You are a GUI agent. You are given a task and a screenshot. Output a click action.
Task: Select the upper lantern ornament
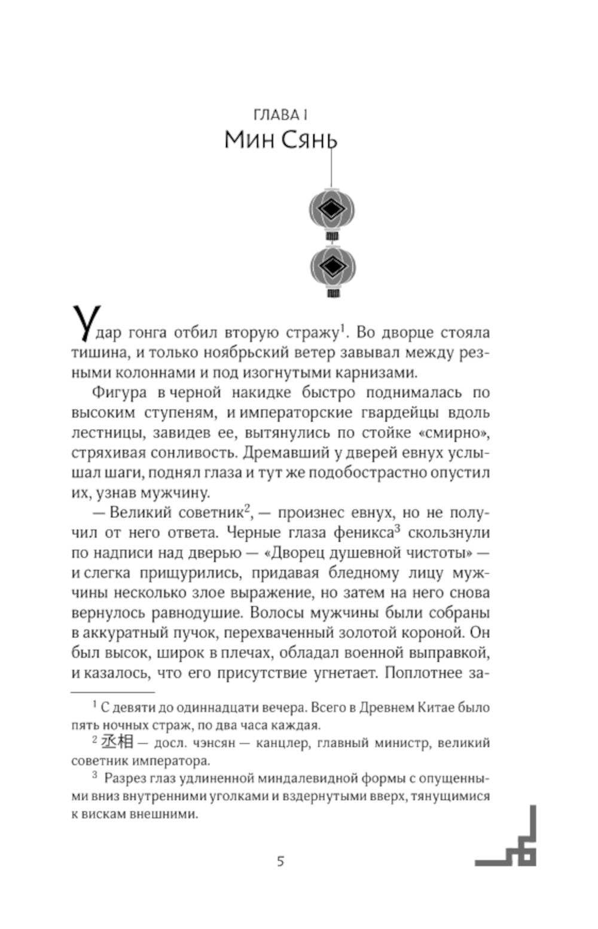click(x=332, y=210)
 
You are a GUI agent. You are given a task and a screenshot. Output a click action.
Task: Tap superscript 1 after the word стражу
click(x=343, y=327)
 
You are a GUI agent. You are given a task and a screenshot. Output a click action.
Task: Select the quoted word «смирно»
click(x=457, y=432)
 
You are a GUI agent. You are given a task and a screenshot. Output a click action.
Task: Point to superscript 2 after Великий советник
click(x=246, y=508)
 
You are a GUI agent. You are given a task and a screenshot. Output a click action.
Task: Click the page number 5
click(x=280, y=861)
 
